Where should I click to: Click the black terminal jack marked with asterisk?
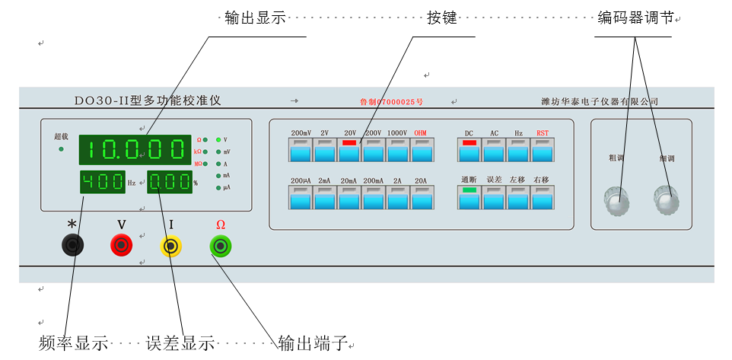72,245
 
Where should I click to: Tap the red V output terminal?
122,245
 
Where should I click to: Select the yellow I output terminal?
171,246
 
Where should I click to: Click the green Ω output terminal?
221,246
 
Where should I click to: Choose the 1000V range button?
397,150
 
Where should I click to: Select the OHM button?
421,150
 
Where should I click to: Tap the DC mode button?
469,150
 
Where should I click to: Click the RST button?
542,150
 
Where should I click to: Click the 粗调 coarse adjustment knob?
617,199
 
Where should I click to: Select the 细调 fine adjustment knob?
667,199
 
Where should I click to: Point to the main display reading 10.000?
135,150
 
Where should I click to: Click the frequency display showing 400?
102,183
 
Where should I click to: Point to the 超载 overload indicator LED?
61,149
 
